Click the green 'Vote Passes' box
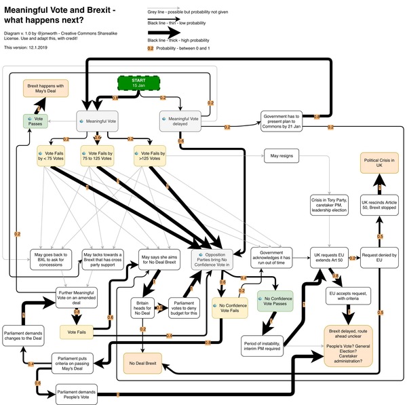pyautogui.click(x=35, y=121)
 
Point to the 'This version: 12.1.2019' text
pyautogui.click(x=26, y=47)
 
